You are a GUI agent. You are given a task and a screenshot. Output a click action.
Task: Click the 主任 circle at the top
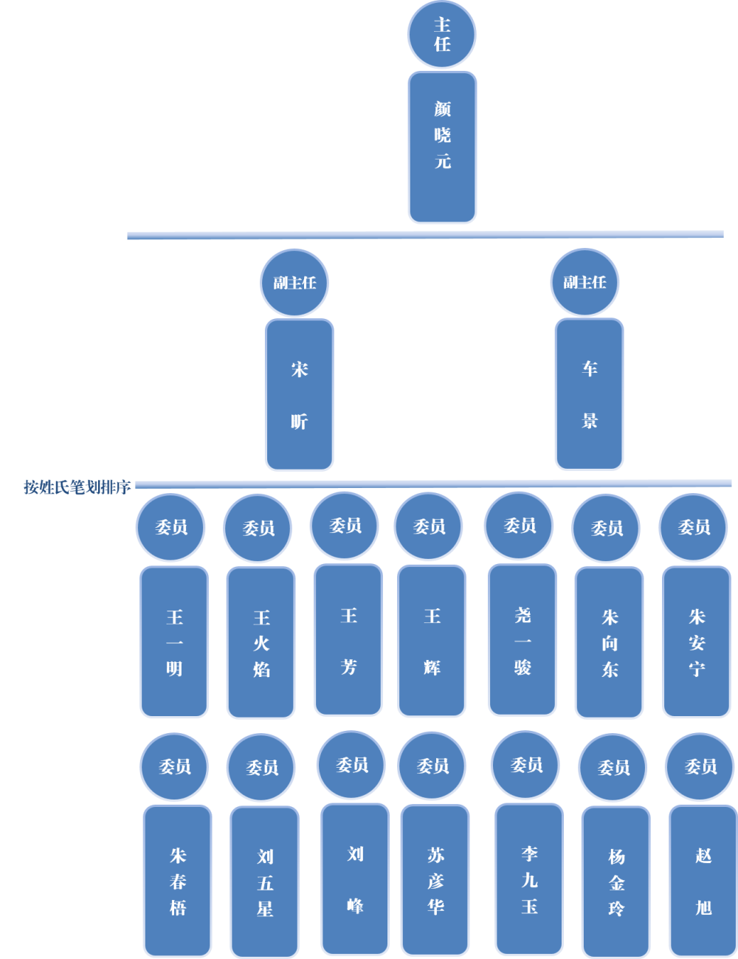point(441,35)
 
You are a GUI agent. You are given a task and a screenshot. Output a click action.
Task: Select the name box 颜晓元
point(442,148)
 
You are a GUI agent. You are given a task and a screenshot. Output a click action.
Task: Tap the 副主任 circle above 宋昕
point(294,283)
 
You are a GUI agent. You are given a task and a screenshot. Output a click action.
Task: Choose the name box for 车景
point(589,394)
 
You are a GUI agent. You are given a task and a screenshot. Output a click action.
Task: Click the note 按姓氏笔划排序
point(77,487)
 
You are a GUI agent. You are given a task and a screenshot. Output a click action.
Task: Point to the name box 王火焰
point(261,643)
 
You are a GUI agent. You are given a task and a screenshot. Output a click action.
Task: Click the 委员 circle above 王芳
point(345,526)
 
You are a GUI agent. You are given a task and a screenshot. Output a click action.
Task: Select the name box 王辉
point(432,641)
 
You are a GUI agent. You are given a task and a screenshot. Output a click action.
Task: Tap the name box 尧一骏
point(523,641)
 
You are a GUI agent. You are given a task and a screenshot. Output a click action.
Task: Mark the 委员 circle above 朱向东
point(607,528)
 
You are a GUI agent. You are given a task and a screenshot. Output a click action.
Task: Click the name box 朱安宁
point(697,642)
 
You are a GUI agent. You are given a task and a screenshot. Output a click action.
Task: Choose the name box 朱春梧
point(178,881)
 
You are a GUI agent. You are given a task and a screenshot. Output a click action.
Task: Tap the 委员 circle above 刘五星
point(261,768)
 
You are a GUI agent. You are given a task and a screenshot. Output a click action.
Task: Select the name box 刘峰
point(355,879)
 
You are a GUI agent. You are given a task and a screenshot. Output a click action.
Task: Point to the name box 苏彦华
point(435,880)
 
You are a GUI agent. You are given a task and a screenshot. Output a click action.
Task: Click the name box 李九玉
point(529,879)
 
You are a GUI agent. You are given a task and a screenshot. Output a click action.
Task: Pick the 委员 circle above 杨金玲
point(613,768)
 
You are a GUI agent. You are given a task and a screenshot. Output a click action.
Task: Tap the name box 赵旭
point(703,881)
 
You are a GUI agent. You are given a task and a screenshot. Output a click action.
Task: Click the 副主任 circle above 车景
point(584,282)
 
